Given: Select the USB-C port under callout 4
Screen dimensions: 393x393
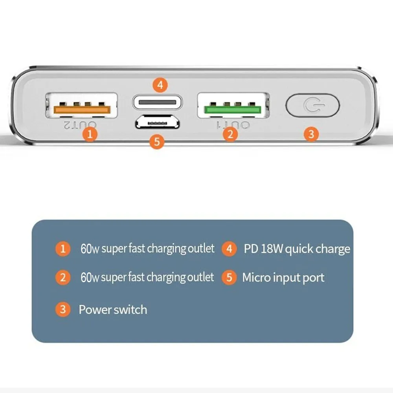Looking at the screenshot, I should point(157,102).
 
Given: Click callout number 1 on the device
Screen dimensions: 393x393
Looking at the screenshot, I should point(90,134).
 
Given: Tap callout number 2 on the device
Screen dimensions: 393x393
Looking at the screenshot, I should point(230,134).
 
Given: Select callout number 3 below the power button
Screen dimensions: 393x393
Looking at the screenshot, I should point(310,134).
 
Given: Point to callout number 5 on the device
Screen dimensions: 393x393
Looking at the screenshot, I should point(157,141).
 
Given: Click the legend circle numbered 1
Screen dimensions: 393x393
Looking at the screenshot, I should point(62,249).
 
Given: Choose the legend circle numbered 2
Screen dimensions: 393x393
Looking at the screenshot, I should point(62,278).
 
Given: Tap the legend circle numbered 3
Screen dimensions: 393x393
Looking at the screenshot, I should point(62,309).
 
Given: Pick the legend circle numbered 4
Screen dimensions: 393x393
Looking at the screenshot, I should point(229,249).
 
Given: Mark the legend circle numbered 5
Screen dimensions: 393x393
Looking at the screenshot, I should point(229,277).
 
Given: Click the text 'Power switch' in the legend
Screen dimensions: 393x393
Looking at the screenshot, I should point(113,310).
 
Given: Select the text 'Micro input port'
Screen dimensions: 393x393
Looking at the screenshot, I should point(283,277).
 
